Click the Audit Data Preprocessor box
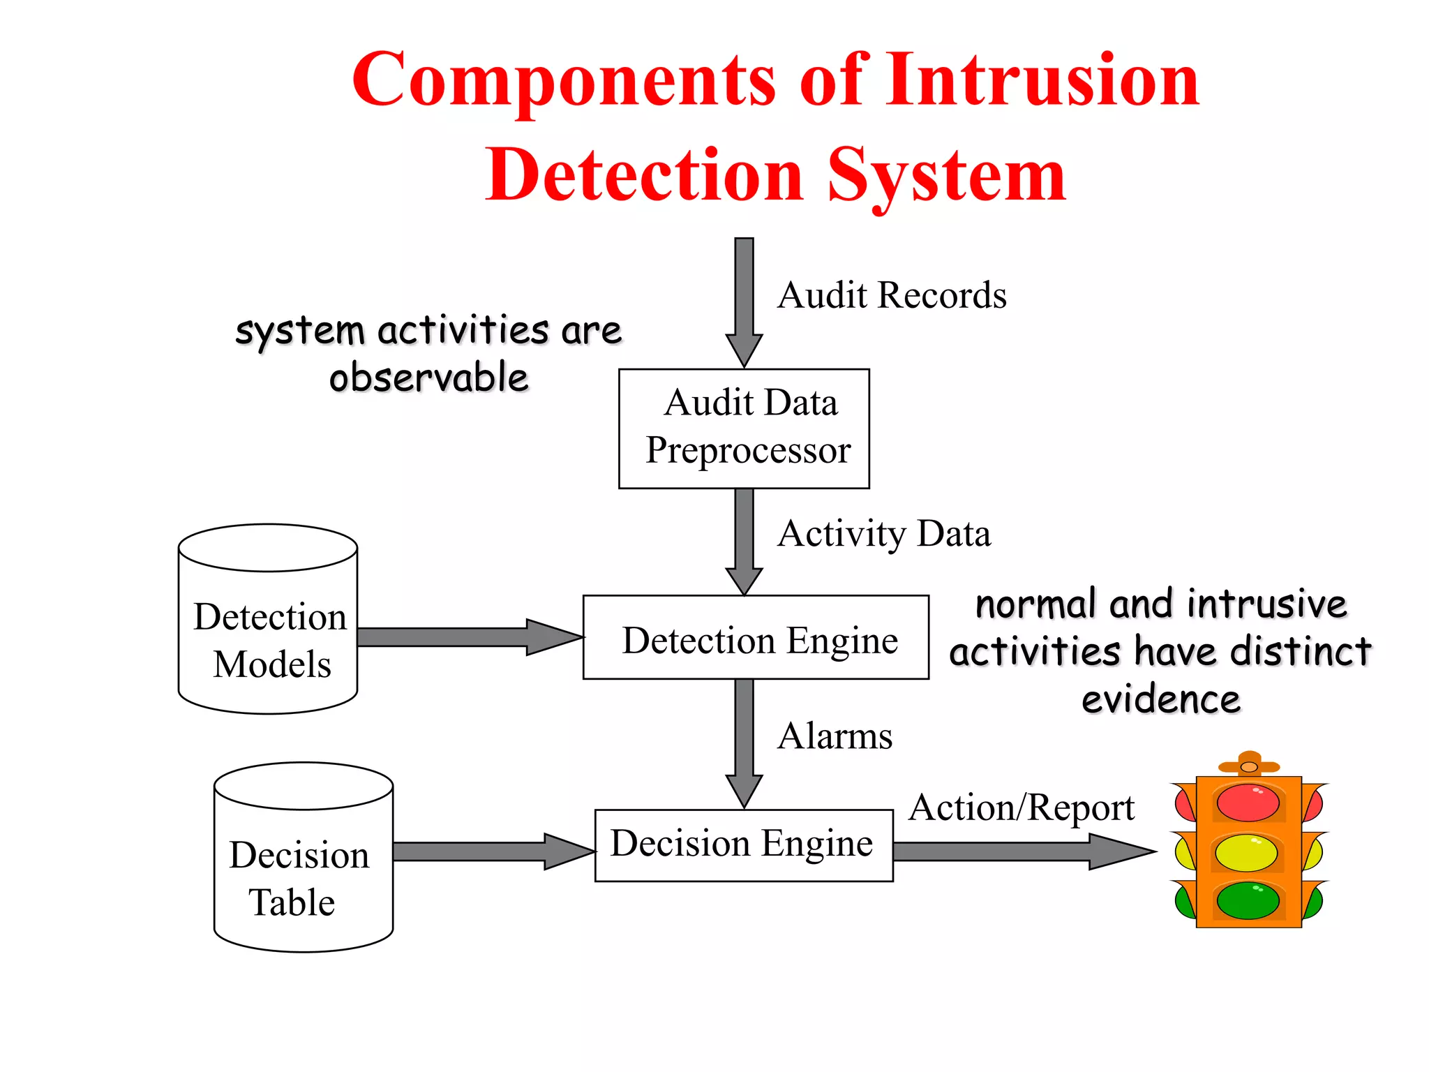[744, 428]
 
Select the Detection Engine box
[756, 637]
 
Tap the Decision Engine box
[743, 844]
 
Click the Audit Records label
[892, 295]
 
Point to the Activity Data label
[883, 534]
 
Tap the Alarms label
[835, 736]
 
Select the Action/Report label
[1022, 808]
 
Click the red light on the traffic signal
[1248, 803]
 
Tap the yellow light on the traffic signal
[1247, 853]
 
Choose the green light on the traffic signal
[1248, 901]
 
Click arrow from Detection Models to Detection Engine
[467, 636]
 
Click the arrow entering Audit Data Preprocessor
[744, 300]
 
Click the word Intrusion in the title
[1042, 80]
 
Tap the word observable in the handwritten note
[428, 378]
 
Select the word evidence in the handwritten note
[1161, 699]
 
